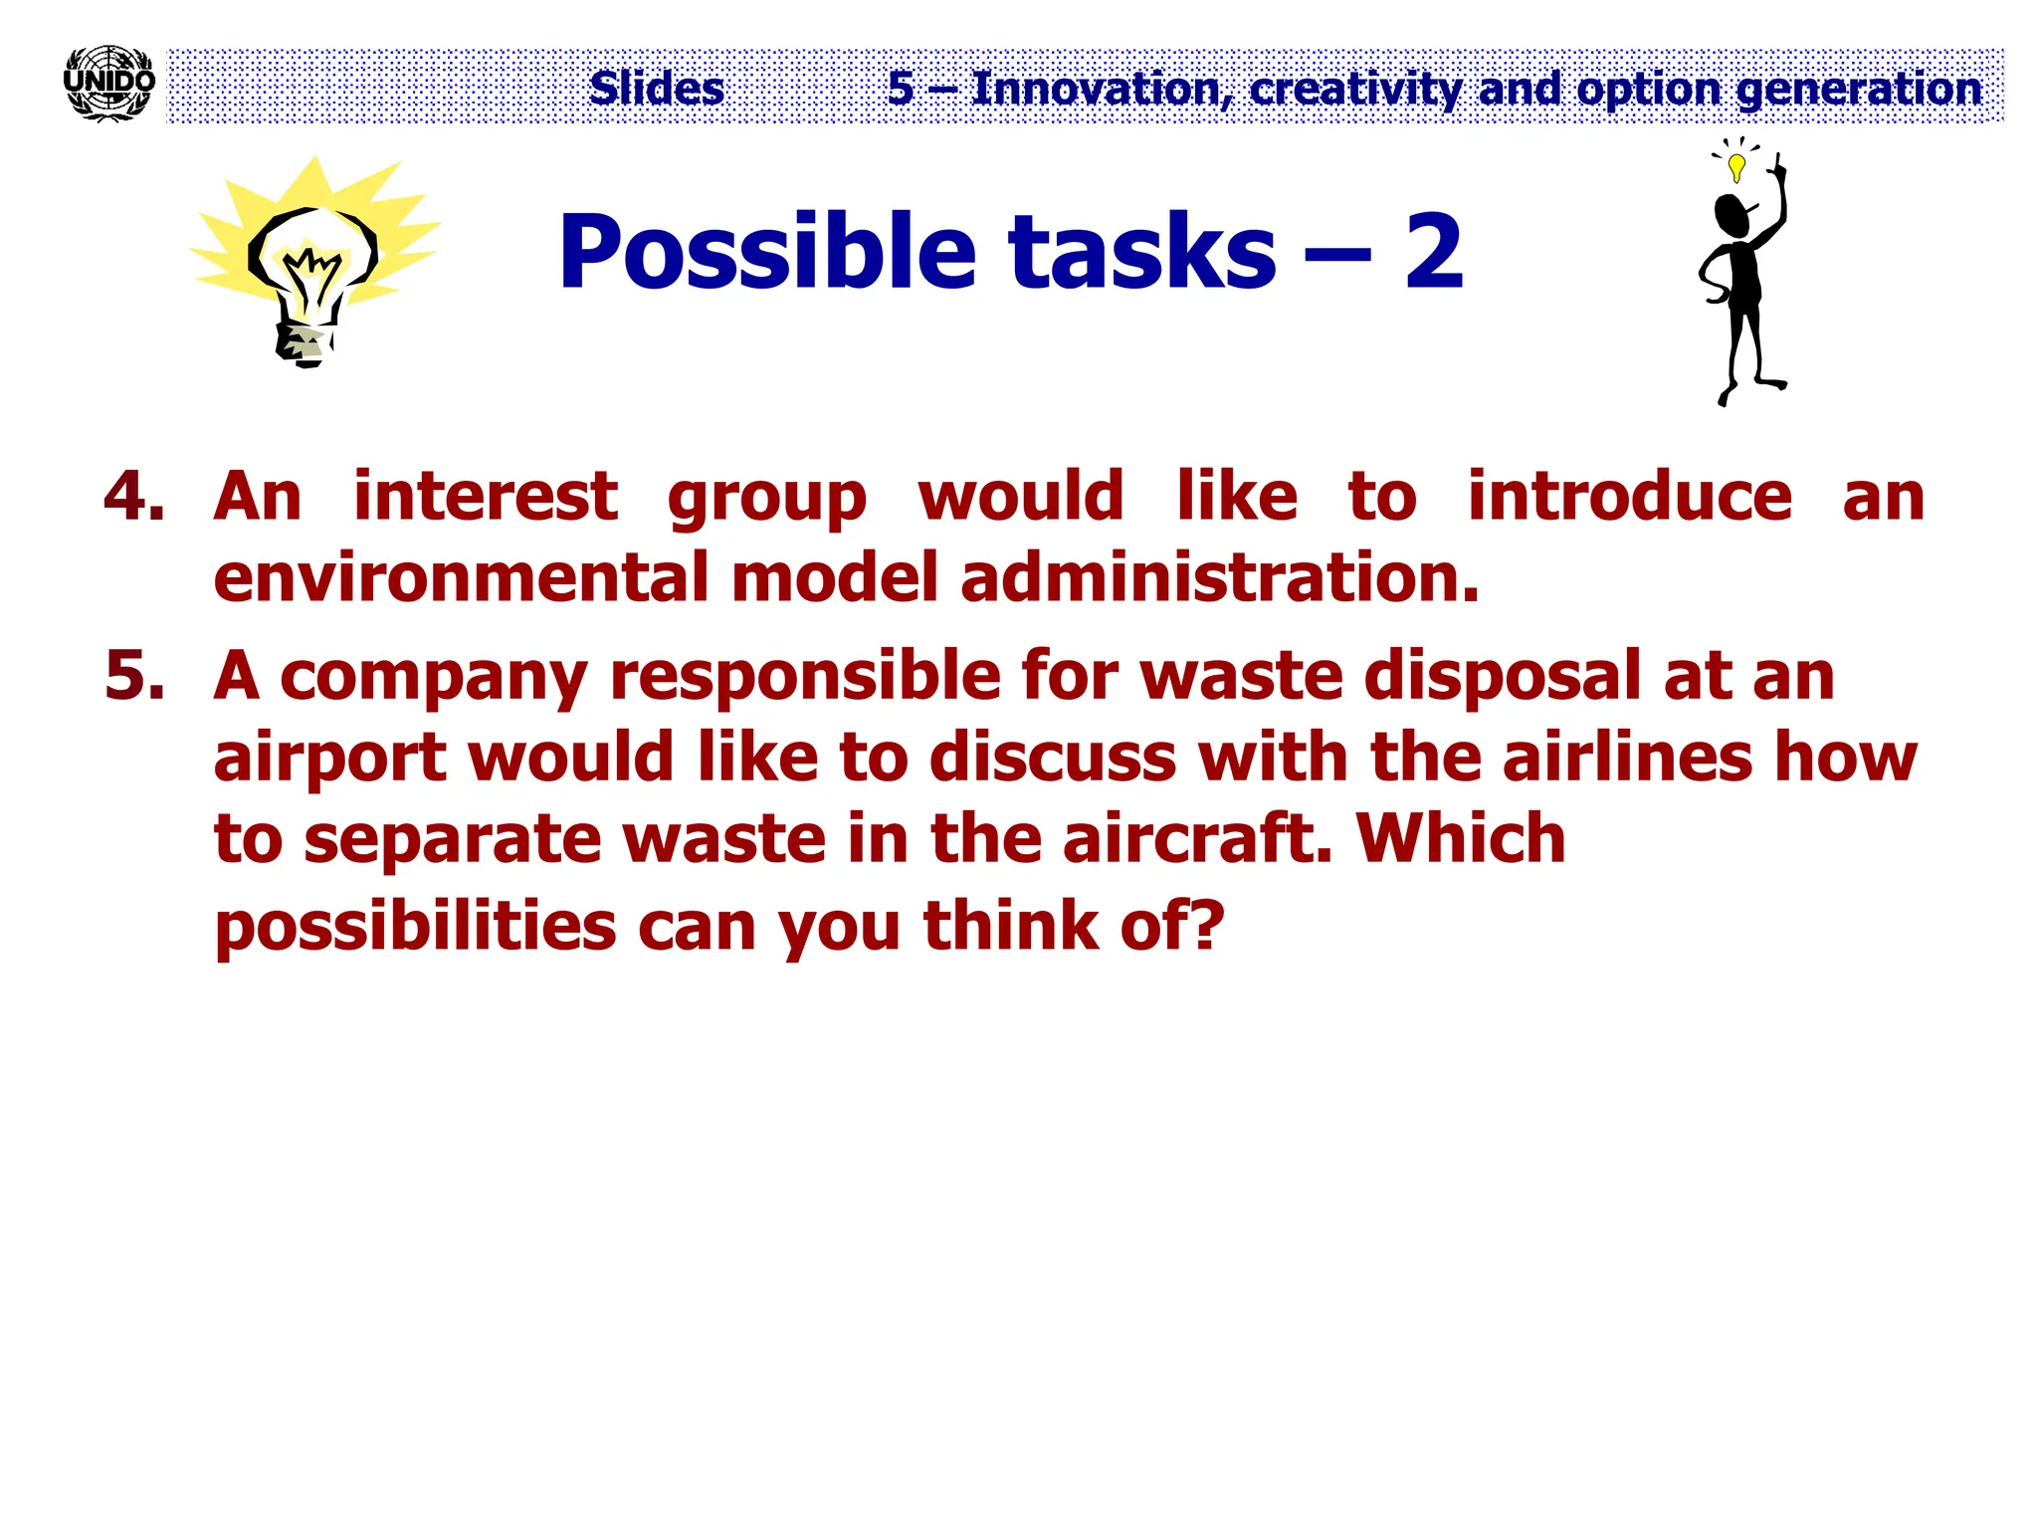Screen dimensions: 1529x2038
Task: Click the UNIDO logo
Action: click(108, 83)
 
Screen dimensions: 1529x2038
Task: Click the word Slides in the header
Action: click(656, 89)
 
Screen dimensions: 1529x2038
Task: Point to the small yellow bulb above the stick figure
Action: click(1736, 165)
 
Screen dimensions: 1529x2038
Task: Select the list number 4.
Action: click(133, 496)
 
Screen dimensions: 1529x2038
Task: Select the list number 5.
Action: click(133, 675)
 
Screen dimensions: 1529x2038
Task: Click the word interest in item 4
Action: click(485, 496)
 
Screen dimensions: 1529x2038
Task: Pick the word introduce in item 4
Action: click(1629, 496)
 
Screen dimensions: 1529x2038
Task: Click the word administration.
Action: click(1219, 578)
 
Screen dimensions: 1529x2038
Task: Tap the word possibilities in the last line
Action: click(415, 926)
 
